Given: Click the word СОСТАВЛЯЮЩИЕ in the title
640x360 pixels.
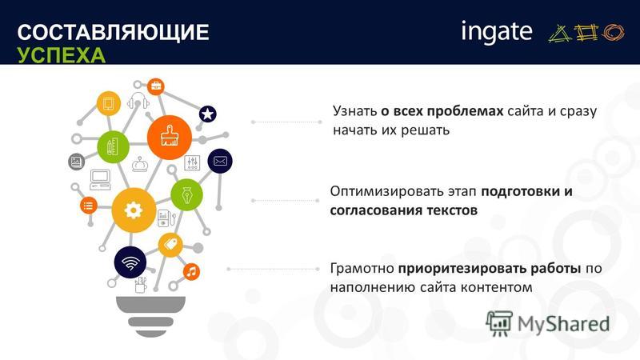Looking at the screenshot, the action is (x=113, y=32).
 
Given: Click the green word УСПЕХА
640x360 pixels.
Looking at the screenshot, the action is (x=62, y=55).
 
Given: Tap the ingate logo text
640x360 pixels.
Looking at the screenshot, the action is (x=497, y=32).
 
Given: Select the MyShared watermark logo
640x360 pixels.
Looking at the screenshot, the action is (x=547, y=324).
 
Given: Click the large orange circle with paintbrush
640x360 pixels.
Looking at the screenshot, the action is (x=170, y=137).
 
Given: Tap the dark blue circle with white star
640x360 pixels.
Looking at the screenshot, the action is (x=208, y=114).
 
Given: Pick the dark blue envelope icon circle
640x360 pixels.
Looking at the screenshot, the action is (x=220, y=162).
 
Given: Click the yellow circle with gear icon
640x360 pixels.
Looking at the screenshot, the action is (x=134, y=210).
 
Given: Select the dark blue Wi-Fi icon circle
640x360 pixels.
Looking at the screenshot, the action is (x=130, y=262).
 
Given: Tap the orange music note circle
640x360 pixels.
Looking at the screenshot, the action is (x=191, y=271).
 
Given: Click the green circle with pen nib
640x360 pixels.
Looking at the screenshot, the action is (x=186, y=194).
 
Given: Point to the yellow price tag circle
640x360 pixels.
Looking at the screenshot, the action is (x=170, y=245).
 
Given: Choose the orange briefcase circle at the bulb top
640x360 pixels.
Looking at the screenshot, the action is (x=155, y=86).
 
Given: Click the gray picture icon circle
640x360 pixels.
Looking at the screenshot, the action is (x=76, y=162).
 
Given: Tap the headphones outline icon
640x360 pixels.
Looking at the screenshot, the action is (x=138, y=101).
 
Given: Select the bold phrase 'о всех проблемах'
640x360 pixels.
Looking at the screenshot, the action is (x=442, y=111).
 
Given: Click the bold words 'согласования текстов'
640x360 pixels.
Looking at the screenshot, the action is (x=404, y=210).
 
